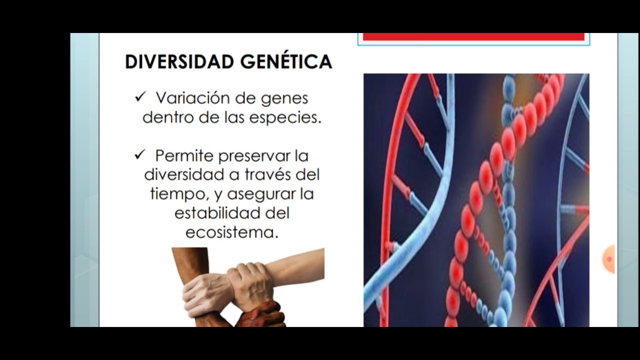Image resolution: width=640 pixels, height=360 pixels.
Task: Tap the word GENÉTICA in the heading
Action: pyautogui.click(x=286, y=61)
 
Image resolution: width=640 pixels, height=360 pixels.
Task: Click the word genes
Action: pyautogui.click(x=285, y=98)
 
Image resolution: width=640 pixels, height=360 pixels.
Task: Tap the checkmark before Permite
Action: pyautogui.click(x=139, y=155)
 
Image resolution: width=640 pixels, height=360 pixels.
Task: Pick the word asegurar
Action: pyautogui.click(x=255, y=194)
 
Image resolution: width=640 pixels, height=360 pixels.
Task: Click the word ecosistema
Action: pyautogui.click(x=231, y=232)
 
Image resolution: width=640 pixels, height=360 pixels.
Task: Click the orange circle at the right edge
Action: pyautogui.click(x=609, y=259)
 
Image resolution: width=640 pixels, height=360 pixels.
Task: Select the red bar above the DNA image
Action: pyautogui.click(x=473, y=36)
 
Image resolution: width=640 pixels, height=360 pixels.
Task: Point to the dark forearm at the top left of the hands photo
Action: pyautogui.click(x=189, y=262)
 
